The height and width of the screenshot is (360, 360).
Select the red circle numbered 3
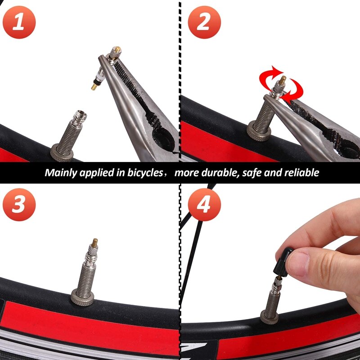(x=18, y=205)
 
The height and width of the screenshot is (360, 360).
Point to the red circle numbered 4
(x=204, y=205)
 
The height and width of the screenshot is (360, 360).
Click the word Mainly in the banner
(x=61, y=172)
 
